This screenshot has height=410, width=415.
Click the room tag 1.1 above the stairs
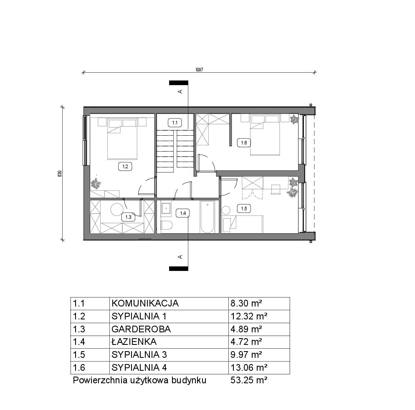tap(175, 123)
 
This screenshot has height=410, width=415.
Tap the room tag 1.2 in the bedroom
tap(125, 167)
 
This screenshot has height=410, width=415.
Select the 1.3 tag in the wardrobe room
tap(128, 217)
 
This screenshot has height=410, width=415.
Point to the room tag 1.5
tap(244, 209)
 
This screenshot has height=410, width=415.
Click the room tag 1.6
tap(244, 143)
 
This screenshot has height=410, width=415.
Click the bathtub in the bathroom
tap(207, 217)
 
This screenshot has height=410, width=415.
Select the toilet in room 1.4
tap(166, 225)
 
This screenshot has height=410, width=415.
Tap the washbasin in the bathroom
tap(166, 208)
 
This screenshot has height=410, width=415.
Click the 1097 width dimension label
tap(199, 70)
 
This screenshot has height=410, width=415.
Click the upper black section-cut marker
tap(179, 83)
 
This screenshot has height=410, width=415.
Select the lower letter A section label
tap(180, 257)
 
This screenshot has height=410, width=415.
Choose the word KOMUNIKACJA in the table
tap(145, 304)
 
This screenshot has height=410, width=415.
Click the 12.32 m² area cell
tap(249, 316)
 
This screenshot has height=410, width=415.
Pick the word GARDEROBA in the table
tap(141, 329)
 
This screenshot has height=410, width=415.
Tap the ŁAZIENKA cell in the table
tap(134, 342)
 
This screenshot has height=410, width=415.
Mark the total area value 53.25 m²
tap(249, 380)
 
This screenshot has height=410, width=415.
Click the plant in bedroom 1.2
tap(96, 184)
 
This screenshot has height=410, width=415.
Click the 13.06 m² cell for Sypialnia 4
tap(249, 367)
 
